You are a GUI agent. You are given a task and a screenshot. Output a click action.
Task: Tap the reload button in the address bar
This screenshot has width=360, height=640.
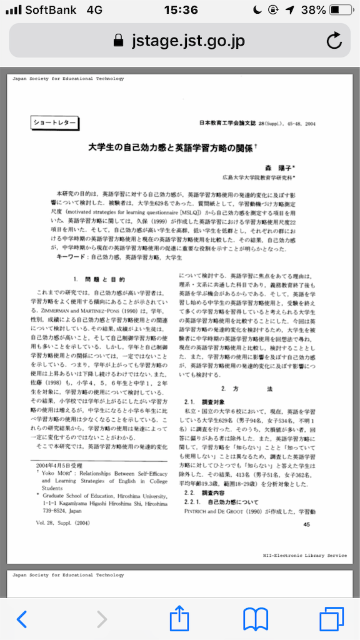click(334, 41)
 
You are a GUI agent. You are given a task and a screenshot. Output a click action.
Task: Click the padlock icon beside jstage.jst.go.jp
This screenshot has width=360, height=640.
click(118, 41)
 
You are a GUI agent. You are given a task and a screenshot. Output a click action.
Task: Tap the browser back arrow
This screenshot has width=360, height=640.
click(22, 619)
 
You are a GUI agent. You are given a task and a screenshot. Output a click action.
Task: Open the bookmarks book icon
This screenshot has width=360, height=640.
click(256, 618)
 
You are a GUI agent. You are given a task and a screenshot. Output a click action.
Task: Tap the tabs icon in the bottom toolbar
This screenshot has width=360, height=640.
click(331, 618)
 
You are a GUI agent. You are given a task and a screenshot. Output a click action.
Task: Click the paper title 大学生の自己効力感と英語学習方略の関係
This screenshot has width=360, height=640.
click(169, 149)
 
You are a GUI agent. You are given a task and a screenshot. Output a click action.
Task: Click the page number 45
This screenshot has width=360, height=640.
click(306, 524)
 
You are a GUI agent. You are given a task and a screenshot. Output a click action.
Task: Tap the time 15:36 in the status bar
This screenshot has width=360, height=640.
click(180, 10)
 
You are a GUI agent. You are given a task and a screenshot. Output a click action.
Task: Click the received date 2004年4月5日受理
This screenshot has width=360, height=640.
click(60, 465)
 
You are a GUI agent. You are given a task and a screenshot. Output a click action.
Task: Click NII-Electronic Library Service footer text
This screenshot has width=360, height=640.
click(305, 554)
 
